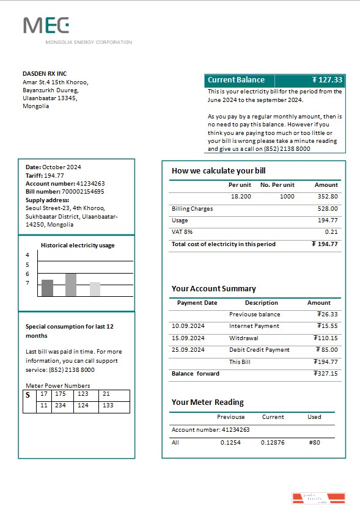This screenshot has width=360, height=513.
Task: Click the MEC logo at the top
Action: coord(46,26)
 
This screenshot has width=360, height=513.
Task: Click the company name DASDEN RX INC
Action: coord(45,74)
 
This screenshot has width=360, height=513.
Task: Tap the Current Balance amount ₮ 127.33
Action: coord(327,80)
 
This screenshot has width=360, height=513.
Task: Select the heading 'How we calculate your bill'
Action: coord(218,171)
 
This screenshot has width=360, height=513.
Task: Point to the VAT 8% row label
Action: coord(182,232)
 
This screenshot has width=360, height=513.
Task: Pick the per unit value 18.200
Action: coord(241,197)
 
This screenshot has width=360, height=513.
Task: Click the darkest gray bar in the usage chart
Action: coord(47,288)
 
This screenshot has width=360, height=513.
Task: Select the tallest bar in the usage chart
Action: coord(71,285)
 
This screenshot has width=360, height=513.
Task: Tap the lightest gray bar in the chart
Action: coord(95,289)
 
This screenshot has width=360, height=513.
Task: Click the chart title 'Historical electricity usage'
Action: coord(78,246)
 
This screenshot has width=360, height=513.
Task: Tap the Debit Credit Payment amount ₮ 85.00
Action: coord(326,350)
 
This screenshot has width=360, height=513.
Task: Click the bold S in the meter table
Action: coord(28,395)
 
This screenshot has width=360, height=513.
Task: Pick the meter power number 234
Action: coord(60,406)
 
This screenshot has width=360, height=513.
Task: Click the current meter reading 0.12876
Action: coord(273,442)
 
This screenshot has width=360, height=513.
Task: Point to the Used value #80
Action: coord(315,442)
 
